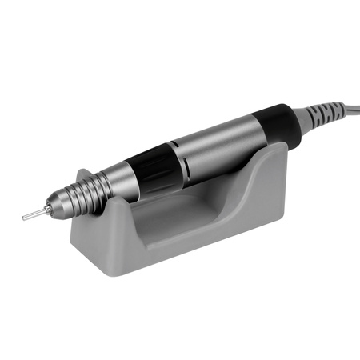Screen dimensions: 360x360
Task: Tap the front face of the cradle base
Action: click(192, 248)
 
